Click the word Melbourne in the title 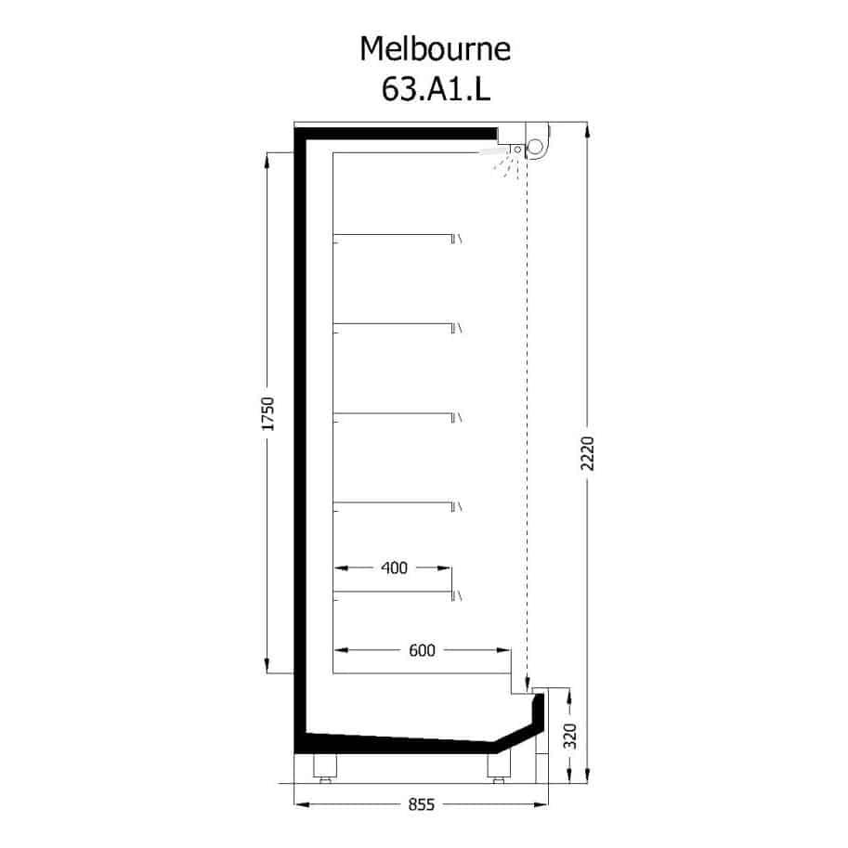pos(435,48)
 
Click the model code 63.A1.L pos(436,88)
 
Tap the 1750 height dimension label pos(267,413)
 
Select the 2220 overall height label pos(587,453)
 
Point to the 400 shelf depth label pos(394,568)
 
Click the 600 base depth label pos(422,650)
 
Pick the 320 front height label pos(570,736)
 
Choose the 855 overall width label pos(422,804)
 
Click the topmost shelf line pos(393,235)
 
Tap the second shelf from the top pos(393,324)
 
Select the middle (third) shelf pos(393,413)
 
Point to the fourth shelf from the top pos(393,503)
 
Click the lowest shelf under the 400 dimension pos(393,593)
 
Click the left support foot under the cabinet pos(325,768)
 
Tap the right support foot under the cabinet pos(499,768)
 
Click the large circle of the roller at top pos(535,147)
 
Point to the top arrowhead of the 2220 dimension pos(588,131)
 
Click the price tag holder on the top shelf pos(456,239)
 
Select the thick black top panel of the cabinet pos(396,134)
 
